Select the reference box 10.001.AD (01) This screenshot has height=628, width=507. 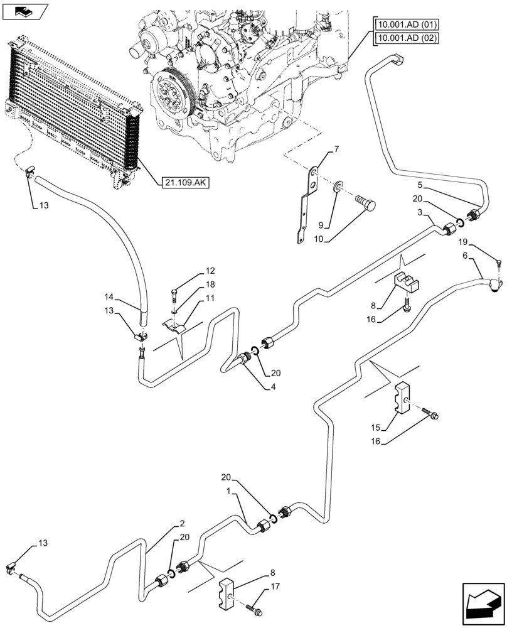407,25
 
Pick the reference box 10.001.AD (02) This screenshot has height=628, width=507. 407,38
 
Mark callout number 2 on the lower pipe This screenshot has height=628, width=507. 181,523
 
